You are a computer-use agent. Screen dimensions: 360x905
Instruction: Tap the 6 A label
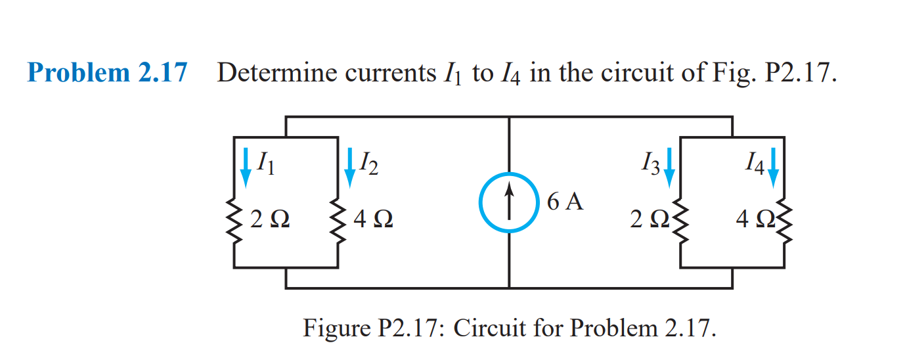coord(564,202)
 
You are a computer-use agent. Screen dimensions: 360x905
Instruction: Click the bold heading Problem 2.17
coord(107,72)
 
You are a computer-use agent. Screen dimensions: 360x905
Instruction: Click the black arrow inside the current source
coord(510,197)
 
